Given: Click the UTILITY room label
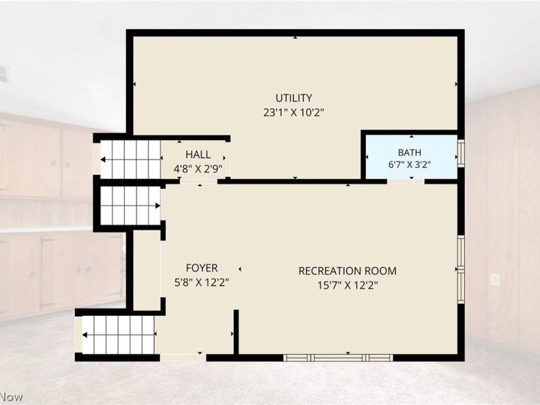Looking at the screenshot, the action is tap(294, 98).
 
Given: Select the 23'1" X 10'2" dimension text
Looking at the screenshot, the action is tap(294, 113).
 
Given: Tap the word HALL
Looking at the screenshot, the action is tap(198, 155).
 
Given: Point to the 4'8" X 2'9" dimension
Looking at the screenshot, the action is tap(198, 169).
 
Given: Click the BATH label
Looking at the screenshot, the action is tap(410, 153).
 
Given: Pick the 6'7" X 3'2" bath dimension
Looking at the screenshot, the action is tap(410, 165).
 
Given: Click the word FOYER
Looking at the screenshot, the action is tap(202, 268).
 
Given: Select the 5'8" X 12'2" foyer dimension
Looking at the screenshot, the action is tap(202, 282).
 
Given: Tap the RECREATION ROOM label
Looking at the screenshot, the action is tap(348, 271).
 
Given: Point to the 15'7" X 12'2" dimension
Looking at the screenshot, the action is tap(348, 285).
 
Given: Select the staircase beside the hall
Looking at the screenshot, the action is tap(130, 160).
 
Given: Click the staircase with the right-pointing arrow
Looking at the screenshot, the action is tap(130, 206).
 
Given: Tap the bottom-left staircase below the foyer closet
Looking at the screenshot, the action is tap(118, 335).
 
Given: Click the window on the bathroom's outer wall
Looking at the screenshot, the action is tap(461, 153).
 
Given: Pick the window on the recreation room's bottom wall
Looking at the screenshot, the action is tap(338, 358).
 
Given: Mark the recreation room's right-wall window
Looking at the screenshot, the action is tap(461, 269).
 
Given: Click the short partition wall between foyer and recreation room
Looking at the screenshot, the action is tap(236, 332).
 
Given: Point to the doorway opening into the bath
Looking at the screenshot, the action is tap(406, 181).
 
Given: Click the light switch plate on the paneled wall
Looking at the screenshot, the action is tap(495, 279).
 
